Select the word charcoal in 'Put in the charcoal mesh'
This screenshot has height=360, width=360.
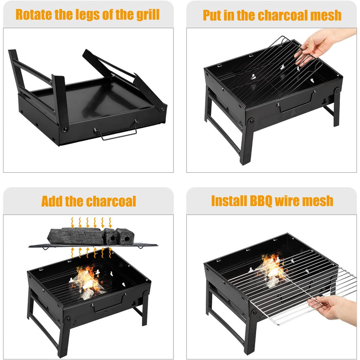[283, 15]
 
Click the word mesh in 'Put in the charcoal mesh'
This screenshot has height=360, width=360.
[326, 15]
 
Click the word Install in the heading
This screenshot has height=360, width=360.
[229, 201]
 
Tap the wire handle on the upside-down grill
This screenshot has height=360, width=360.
[116, 131]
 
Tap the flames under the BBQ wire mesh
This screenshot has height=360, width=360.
[272, 269]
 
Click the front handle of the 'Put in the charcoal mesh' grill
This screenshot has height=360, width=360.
[296, 102]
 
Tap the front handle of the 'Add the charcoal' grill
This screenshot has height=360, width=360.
[109, 303]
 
